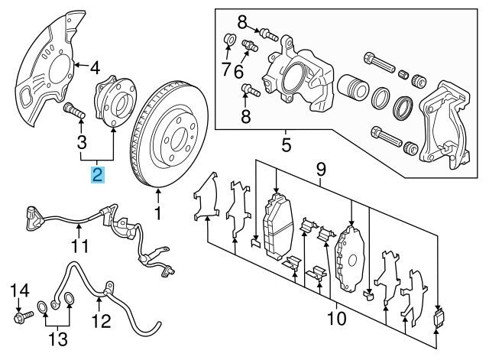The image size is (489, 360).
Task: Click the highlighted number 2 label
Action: point(97,175)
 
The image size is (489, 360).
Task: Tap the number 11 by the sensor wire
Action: point(80,247)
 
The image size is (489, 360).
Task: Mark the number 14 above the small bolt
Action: point(21,290)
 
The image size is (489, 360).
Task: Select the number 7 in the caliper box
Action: point(226,70)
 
